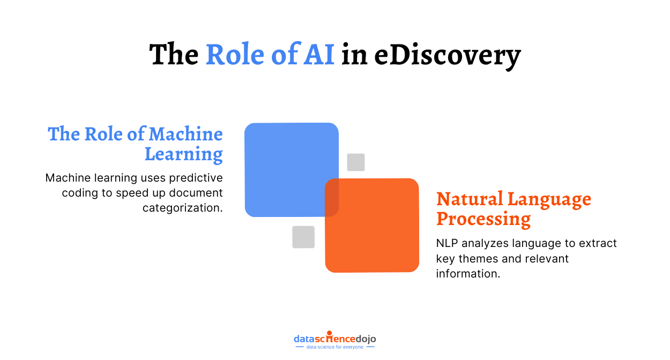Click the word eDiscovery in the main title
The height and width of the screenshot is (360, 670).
pos(447,55)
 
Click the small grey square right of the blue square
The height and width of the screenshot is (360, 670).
pos(356,162)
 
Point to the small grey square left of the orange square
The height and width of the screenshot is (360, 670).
pos(303,237)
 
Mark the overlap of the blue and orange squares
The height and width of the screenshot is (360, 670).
pos(332,198)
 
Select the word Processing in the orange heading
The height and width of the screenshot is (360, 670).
pos(483,219)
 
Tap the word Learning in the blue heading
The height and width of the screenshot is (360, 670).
pos(184,154)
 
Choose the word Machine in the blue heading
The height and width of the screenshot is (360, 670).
pos(185,134)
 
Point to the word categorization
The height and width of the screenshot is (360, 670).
pos(182,208)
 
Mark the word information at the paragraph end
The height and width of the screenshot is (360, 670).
pos(467,273)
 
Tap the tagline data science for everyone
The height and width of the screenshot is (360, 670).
pos(334,347)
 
